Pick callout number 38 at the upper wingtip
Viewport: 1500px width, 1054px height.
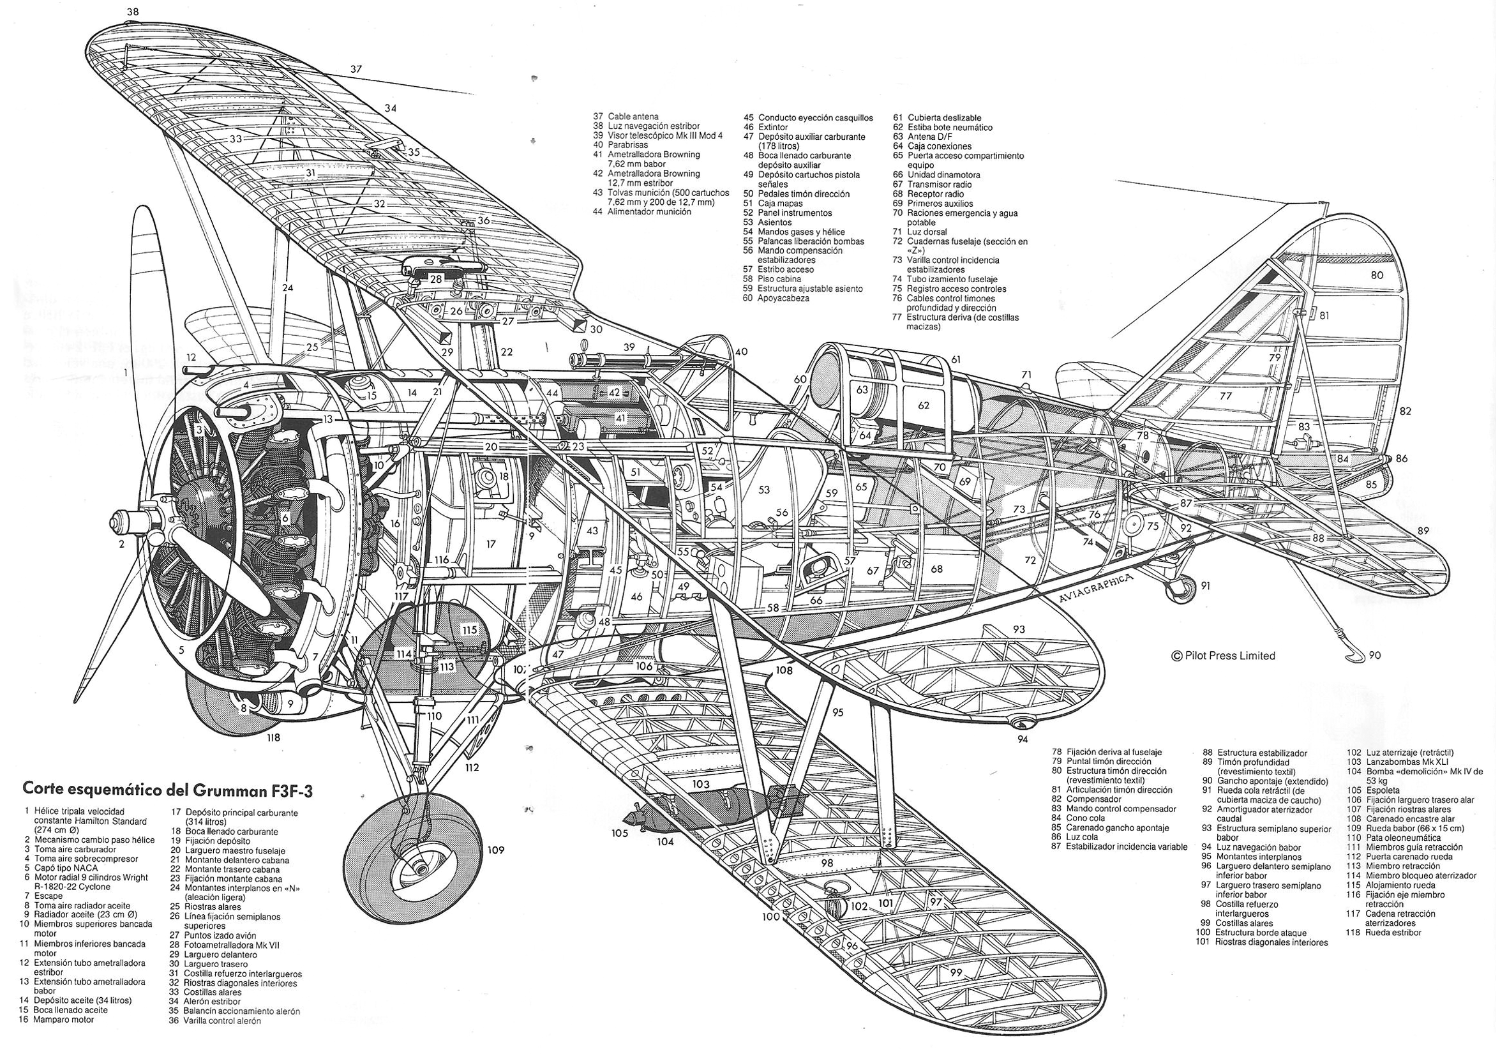click(x=133, y=11)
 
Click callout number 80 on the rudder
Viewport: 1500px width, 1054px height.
click(x=1377, y=275)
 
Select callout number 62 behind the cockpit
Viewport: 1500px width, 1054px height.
click(x=923, y=405)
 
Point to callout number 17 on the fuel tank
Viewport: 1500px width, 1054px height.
click(x=491, y=543)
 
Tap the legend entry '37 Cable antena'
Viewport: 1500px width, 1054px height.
click(x=626, y=116)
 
